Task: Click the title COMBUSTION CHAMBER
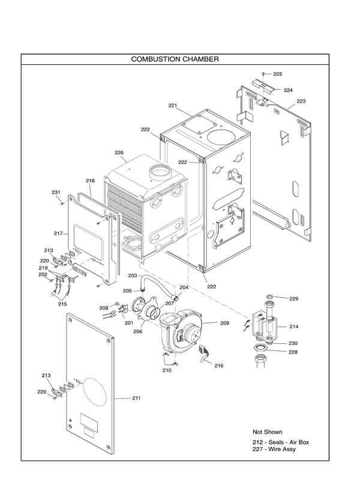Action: pos(174,59)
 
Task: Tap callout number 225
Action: pos(277,74)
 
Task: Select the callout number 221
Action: pos(173,106)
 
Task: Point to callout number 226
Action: pos(119,152)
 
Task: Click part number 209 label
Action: pos(224,323)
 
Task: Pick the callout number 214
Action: pos(294,327)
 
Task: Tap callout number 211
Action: pos(136,398)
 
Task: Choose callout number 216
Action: pos(218,365)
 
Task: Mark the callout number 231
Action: pos(56,192)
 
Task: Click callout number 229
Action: pos(293,298)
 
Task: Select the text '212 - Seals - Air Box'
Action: pos(281,443)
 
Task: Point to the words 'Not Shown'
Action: pos(268,431)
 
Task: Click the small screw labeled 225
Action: pos(263,74)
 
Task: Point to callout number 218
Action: pos(90,181)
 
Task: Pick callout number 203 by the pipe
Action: pos(133,275)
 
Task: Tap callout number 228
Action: pos(293,352)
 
